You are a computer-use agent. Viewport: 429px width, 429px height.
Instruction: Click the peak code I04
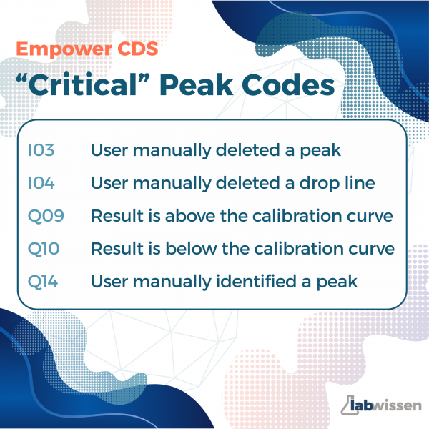(x=41, y=183)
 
